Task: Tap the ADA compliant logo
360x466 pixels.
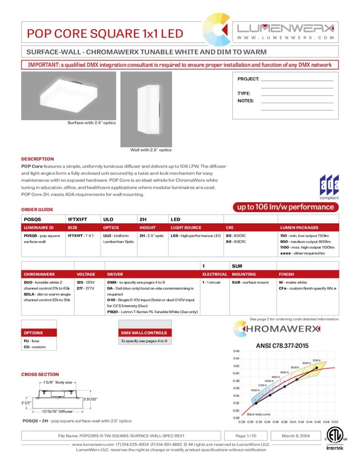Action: point(329,187)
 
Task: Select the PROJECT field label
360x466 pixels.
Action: point(248,79)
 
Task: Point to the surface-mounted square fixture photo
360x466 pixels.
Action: point(68,96)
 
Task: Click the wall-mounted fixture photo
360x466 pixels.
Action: point(146,108)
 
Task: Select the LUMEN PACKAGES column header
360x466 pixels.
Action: point(299,228)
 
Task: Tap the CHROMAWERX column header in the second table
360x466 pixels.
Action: point(39,274)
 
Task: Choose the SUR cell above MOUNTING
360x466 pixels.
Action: point(237,266)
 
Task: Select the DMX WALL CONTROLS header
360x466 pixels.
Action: point(144,333)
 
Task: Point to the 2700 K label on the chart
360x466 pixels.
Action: point(317,360)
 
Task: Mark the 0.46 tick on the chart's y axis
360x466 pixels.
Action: point(236,351)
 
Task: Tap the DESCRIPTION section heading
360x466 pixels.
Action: point(37,159)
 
